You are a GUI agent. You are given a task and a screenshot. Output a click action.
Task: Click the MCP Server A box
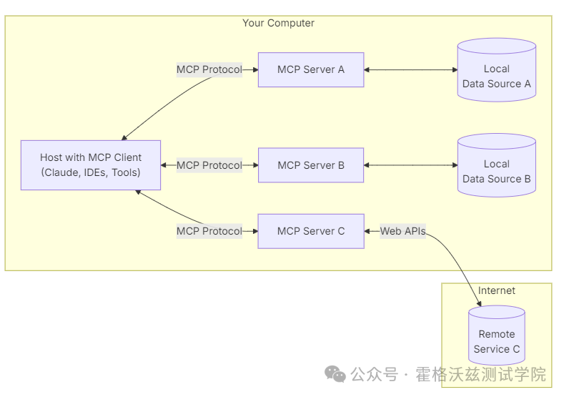point(311,70)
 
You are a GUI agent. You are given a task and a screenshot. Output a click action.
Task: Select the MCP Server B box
point(311,165)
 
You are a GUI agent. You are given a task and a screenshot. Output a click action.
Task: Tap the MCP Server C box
point(311,231)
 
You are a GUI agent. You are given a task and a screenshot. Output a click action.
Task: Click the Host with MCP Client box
point(91,165)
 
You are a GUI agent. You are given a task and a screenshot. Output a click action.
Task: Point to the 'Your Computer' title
point(278,23)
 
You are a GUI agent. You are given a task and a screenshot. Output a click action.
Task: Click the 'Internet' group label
point(497,290)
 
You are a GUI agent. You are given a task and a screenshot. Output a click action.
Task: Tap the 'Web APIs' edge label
point(402,231)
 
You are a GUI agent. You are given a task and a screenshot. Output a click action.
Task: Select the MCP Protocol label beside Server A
point(209,70)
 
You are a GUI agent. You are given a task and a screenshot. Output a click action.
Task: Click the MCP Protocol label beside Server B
point(209,165)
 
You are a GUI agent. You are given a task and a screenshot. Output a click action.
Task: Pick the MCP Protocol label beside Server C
point(209,231)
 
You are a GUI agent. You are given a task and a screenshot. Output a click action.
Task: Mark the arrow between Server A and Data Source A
point(411,70)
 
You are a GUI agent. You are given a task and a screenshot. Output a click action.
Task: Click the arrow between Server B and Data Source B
point(411,165)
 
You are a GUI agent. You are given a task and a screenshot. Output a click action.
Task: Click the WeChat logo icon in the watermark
point(335,374)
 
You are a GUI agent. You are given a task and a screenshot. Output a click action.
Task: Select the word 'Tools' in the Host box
point(123,172)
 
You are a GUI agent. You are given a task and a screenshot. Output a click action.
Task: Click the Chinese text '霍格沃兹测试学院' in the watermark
point(481,374)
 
